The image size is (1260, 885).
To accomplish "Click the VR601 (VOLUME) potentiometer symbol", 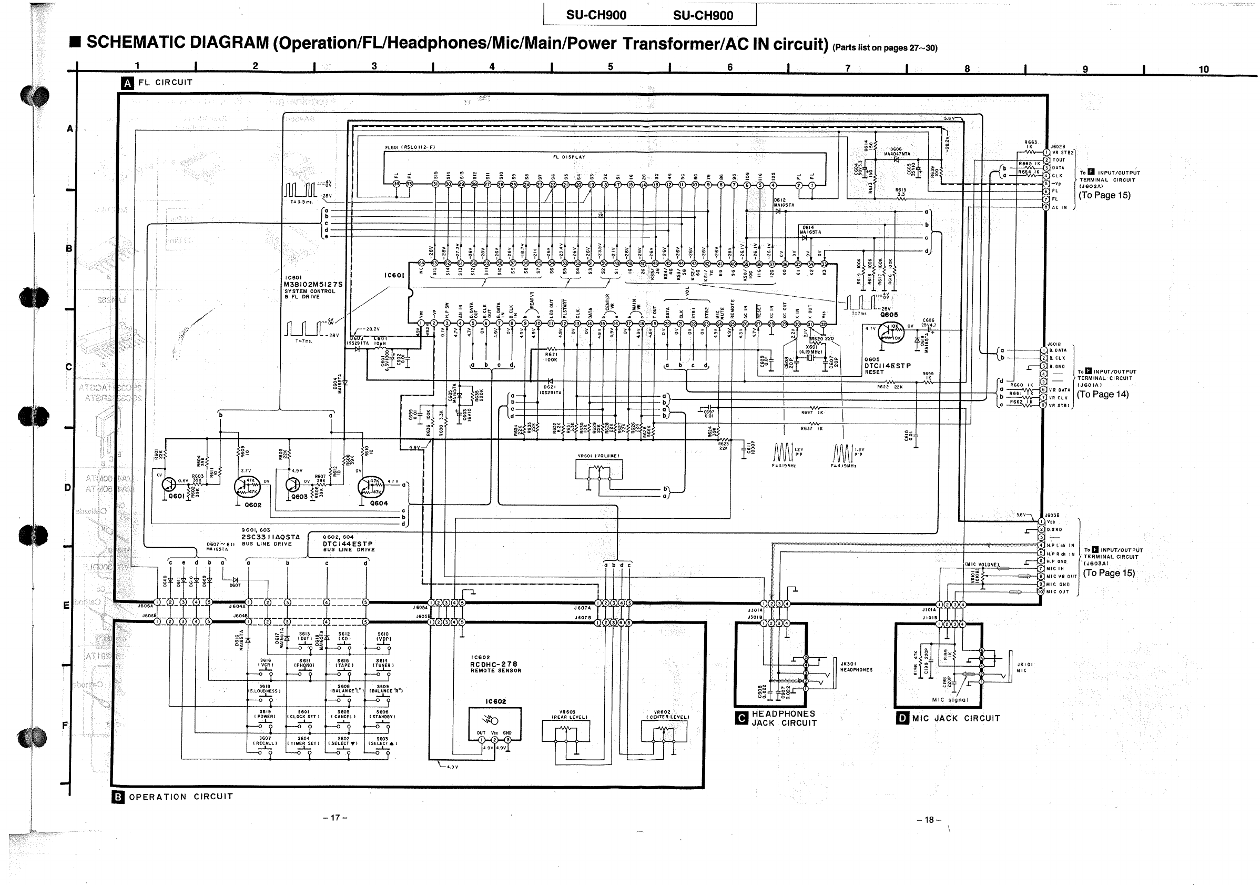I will tap(599, 470).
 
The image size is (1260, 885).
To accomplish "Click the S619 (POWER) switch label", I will tap(265, 714).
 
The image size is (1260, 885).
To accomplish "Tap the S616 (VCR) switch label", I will tap(266, 662).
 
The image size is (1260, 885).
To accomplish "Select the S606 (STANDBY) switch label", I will tap(382, 714).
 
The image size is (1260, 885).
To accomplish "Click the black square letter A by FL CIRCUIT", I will tap(127, 84).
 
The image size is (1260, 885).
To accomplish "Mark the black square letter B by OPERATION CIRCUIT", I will tap(118, 797).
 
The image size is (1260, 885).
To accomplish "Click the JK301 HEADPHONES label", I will tap(856, 667).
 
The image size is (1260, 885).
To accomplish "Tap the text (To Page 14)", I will tap(1102, 394).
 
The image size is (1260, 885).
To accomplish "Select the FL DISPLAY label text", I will tap(569, 157).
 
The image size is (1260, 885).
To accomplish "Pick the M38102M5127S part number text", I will tap(313, 284).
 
